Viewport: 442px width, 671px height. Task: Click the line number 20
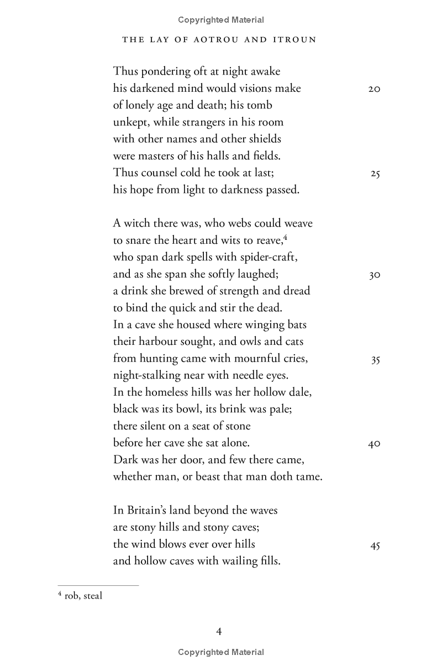coord(374,89)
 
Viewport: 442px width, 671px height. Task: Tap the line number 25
coord(375,174)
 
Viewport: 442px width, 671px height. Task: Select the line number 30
coord(375,275)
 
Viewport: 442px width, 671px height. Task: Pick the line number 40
coord(374,444)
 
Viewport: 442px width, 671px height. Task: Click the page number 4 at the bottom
coord(219,631)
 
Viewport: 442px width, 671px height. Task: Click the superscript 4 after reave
coord(286,236)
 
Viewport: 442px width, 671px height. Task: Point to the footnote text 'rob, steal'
coord(83,596)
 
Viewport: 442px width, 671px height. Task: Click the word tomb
coord(259,105)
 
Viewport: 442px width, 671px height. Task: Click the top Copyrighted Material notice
coord(221,20)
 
